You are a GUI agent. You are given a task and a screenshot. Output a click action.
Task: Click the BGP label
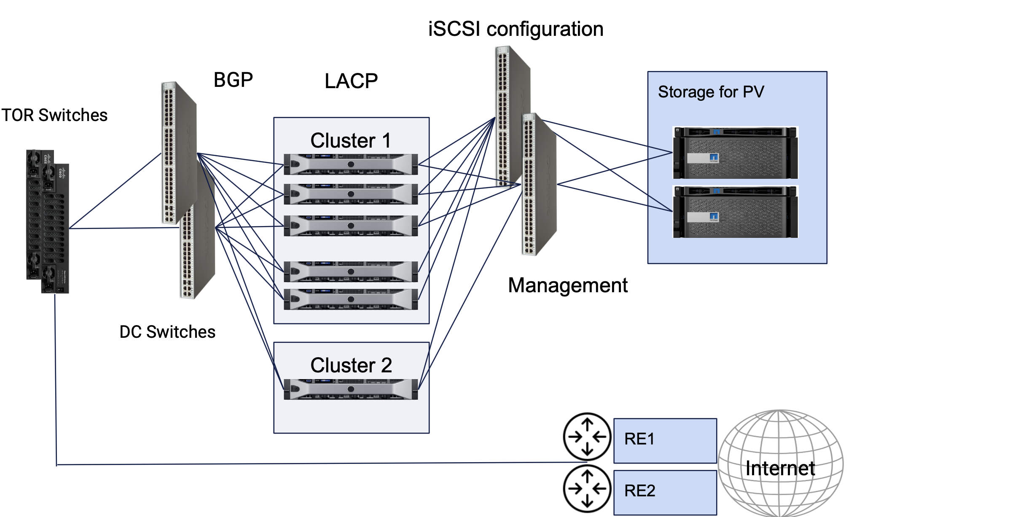[x=233, y=80]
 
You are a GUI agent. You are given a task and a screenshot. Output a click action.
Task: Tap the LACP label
[x=351, y=81]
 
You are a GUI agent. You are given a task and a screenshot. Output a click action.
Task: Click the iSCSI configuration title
[x=516, y=29]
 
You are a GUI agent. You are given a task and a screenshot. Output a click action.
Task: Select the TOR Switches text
[x=54, y=115]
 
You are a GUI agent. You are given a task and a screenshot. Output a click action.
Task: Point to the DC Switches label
[x=167, y=332]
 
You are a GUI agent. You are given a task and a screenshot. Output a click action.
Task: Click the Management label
[x=567, y=285]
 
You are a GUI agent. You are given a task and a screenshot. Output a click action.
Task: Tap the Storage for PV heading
[x=711, y=92]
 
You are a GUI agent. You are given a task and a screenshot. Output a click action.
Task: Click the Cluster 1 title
[x=351, y=140]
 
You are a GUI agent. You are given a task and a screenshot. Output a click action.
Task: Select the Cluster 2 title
[x=351, y=365]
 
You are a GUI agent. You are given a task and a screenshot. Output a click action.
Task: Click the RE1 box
[x=665, y=440]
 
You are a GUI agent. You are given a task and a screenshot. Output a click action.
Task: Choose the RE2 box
[x=665, y=492]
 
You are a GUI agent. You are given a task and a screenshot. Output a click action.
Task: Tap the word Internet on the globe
[x=780, y=469]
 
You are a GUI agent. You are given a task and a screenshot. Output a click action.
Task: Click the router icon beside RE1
[x=587, y=436]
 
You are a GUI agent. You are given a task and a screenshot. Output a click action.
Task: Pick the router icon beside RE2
[x=587, y=488]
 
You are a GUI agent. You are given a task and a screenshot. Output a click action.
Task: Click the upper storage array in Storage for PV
[x=735, y=153]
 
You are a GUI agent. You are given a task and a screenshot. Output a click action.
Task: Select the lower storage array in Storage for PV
[x=735, y=212]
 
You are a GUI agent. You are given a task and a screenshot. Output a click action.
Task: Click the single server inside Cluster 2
[x=351, y=389]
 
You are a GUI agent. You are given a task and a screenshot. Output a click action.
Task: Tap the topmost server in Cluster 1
[x=351, y=164]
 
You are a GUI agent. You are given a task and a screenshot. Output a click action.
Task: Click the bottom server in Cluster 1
[x=351, y=299]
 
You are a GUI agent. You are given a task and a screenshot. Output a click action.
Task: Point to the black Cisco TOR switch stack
[x=48, y=221]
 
